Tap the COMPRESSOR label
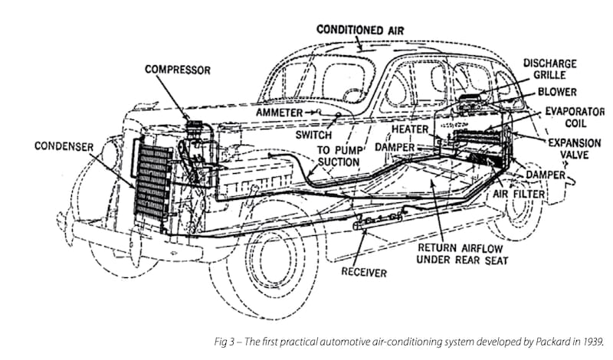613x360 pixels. (x=178, y=70)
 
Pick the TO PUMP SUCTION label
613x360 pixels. (x=338, y=155)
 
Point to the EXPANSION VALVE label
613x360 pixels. (x=575, y=149)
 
